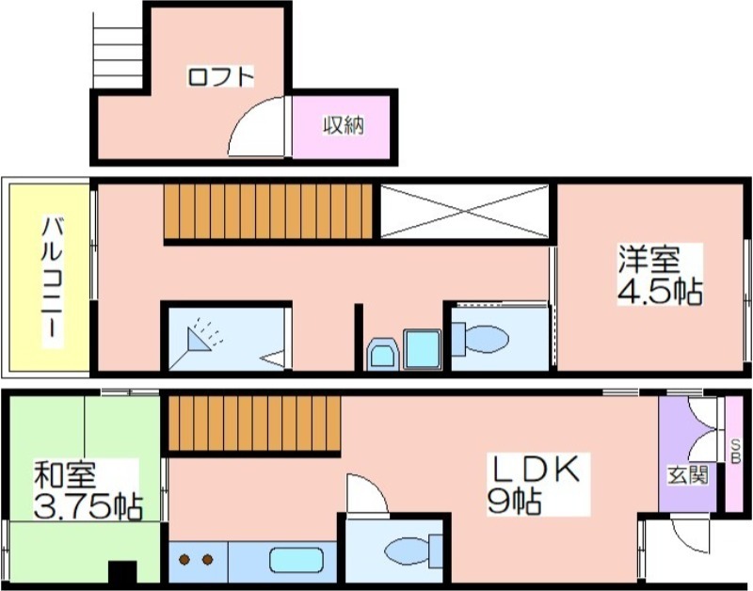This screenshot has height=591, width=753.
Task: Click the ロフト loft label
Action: [220, 77]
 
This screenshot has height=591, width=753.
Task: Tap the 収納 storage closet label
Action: [344, 125]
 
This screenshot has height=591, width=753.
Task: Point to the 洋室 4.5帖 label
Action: [660, 275]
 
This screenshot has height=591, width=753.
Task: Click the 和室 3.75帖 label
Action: [88, 489]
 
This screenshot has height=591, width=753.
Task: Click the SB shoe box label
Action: [735, 452]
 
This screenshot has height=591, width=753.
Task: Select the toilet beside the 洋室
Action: [480, 340]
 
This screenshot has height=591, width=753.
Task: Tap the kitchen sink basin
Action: [296, 560]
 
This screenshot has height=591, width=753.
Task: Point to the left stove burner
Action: [184, 559]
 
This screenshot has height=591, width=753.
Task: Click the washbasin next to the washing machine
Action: [383, 354]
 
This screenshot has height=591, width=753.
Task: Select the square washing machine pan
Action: [422, 349]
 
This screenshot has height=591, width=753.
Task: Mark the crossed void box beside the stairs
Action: [464, 211]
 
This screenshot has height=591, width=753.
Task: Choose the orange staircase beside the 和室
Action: [255, 423]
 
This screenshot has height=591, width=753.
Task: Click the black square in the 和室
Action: [122, 572]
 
